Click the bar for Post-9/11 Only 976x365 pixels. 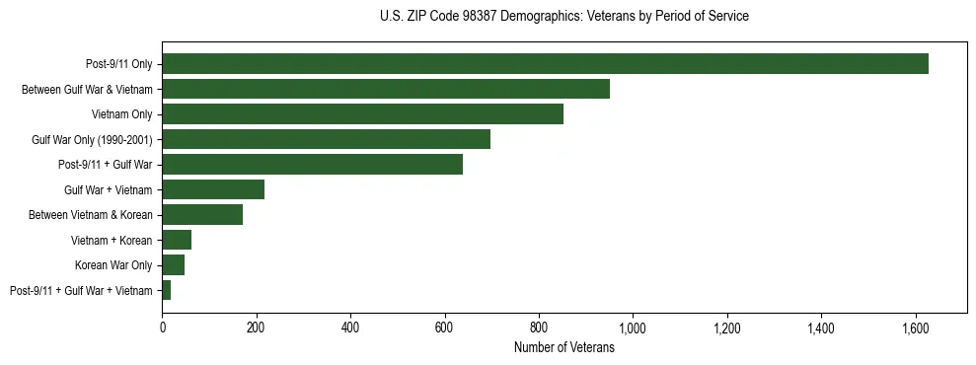pos(545,64)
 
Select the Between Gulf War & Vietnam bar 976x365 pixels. pos(386,89)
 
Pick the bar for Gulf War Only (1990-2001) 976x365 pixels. pos(326,139)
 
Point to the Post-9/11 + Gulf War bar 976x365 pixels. pos(312,165)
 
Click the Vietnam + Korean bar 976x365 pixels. pos(177,240)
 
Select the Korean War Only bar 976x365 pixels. pos(174,265)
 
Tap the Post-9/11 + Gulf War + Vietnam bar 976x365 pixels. pos(167,290)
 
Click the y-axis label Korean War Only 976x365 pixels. pos(113,265)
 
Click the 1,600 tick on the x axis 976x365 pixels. pos(915,327)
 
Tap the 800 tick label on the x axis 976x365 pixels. pos(539,327)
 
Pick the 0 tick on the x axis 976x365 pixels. pos(163,327)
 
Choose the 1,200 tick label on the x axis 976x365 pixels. pos(726,327)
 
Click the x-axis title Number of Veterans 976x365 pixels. pos(564,347)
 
